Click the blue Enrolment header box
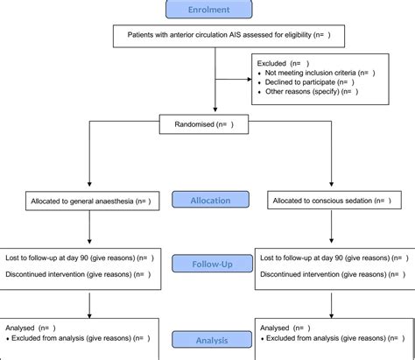[x=207, y=10]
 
